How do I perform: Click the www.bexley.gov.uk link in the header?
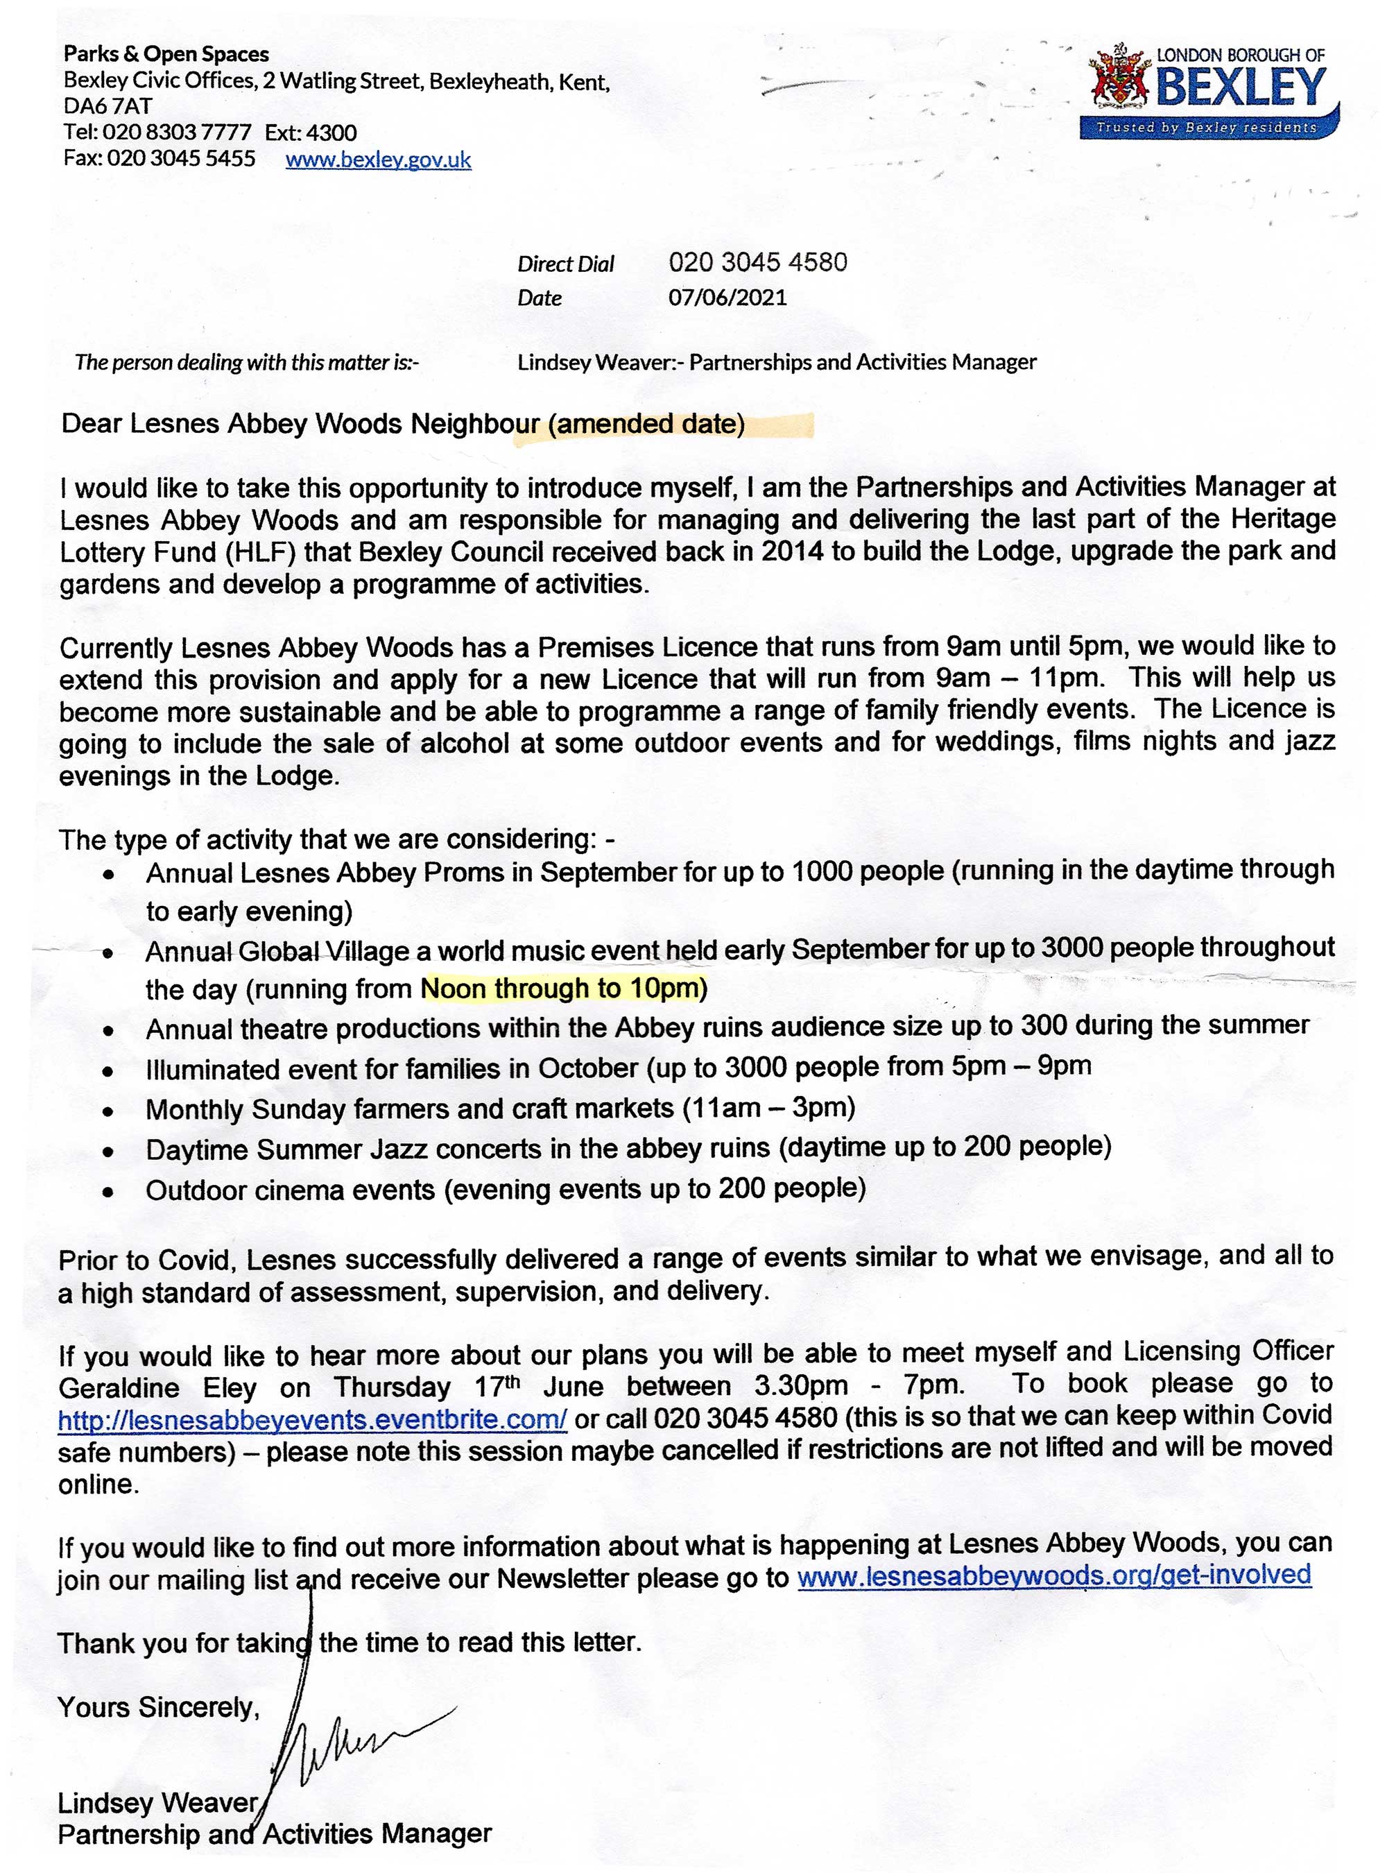point(378,160)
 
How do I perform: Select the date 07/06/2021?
point(727,298)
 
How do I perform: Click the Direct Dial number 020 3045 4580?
point(757,262)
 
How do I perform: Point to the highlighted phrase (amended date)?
point(646,424)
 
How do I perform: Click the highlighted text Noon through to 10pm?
point(563,989)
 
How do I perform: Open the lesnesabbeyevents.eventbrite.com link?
point(312,1419)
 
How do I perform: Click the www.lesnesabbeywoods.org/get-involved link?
point(1053,1574)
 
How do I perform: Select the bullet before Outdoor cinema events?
point(107,1192)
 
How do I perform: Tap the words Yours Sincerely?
point(159,1707)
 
